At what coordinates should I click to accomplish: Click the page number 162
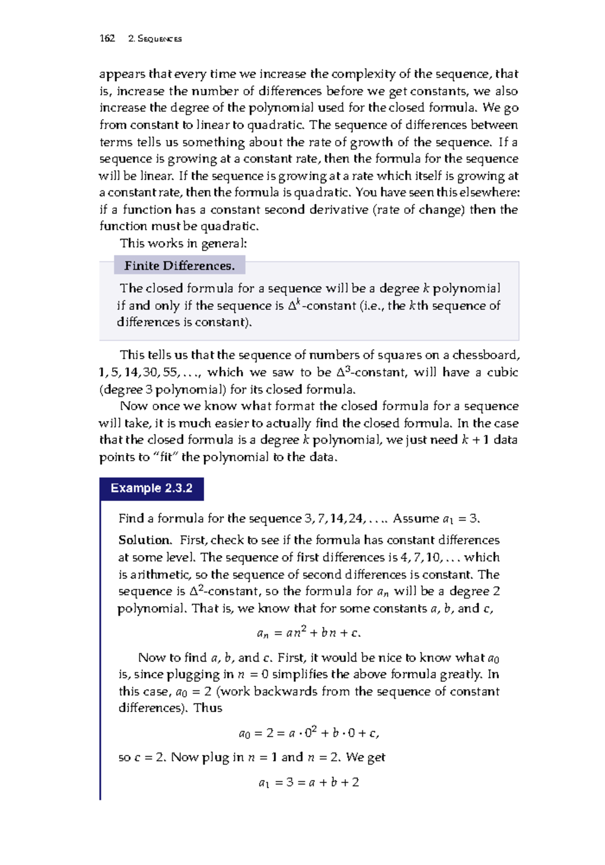[107, 38]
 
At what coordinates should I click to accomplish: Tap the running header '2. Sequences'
[155, 39]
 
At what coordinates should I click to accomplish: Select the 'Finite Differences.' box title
[179, 265]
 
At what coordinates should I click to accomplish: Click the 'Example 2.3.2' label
[151, 489]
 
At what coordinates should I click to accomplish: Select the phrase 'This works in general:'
[184, 243]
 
